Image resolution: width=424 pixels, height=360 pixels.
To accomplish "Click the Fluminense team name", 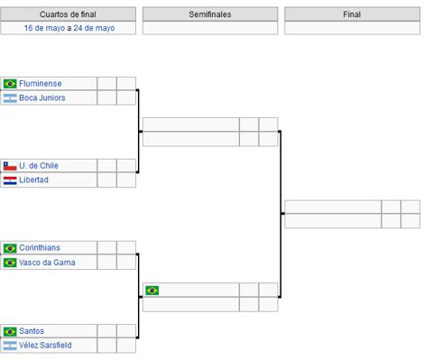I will point(40,83).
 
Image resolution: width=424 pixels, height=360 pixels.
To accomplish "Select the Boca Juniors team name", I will point(41,97).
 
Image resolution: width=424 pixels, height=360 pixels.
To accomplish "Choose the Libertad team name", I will point(33,180).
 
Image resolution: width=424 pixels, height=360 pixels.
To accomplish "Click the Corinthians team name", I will point(41,248).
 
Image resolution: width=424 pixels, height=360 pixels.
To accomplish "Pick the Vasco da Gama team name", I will point(47,263).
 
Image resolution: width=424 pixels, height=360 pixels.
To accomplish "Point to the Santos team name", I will point(32,331).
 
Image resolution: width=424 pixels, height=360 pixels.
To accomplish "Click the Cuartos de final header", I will point(69,14).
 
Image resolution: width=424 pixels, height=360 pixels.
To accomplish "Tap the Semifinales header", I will point(210,14).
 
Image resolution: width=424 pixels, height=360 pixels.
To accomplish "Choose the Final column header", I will point(352,14).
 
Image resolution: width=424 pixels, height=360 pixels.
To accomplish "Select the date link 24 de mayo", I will point(94,28).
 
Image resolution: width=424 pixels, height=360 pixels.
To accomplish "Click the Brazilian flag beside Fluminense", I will point(10,84).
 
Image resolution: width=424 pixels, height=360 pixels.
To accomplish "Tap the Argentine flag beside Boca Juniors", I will point(10,97).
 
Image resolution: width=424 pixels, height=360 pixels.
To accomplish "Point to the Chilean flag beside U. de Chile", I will point(10,166).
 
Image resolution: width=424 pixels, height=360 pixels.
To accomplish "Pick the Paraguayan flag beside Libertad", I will point(10,180).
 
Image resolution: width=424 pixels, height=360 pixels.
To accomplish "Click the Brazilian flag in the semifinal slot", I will point(152,291).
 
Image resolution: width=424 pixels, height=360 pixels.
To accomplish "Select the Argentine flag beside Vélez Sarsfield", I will point(10,346).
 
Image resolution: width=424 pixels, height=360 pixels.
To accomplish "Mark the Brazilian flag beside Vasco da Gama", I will point(10,263).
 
